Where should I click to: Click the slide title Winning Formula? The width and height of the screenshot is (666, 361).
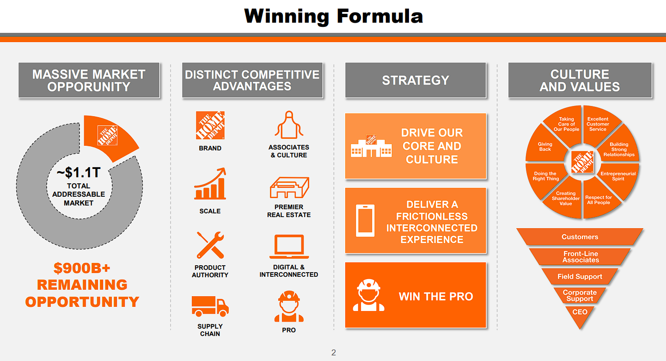[x=333, y=16]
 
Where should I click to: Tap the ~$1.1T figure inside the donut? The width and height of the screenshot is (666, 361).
[x=79, y=172]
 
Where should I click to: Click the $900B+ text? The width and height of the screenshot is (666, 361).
[x=82, y=268]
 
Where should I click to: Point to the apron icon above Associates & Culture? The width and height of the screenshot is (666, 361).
[x=289, y=125]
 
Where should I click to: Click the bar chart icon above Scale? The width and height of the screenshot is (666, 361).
[x=210, y=183]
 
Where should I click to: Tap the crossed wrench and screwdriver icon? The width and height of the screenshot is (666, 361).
[x=210, y=245]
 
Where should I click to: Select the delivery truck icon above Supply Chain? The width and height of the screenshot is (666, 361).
[x=210, y=306]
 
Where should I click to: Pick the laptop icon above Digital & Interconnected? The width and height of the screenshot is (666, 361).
[x=289, y=247]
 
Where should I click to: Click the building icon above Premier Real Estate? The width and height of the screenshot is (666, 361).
[x=289, y=187]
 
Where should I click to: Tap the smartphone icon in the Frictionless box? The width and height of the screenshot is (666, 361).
[x=365, y=221]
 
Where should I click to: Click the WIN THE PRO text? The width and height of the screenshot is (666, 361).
[x=436, y=296]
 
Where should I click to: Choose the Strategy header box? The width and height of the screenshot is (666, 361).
[x=415, y=80]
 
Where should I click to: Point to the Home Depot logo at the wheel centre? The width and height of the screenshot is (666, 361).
[x=582, y=162]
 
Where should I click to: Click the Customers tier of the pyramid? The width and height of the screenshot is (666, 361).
[x=580, y=237]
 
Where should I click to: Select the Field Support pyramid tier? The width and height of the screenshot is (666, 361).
[x=580, y=276]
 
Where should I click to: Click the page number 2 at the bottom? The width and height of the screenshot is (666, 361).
[x=334, y=353]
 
